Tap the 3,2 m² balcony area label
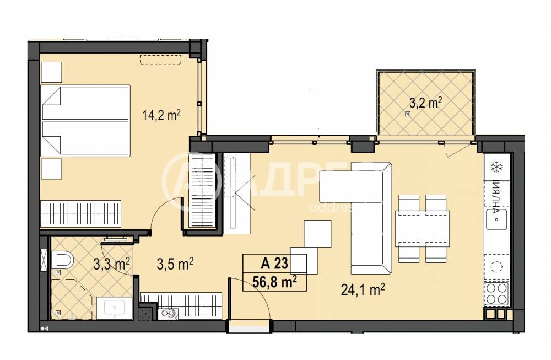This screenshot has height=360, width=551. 426,102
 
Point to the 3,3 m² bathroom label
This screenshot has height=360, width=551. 111,264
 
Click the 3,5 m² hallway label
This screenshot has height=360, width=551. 175,264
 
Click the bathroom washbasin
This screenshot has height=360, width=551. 114,307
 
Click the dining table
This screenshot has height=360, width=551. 422,228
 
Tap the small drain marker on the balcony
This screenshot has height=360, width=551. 407,114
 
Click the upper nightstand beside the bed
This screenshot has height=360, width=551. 52,72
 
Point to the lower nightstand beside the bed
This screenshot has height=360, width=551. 52,168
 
